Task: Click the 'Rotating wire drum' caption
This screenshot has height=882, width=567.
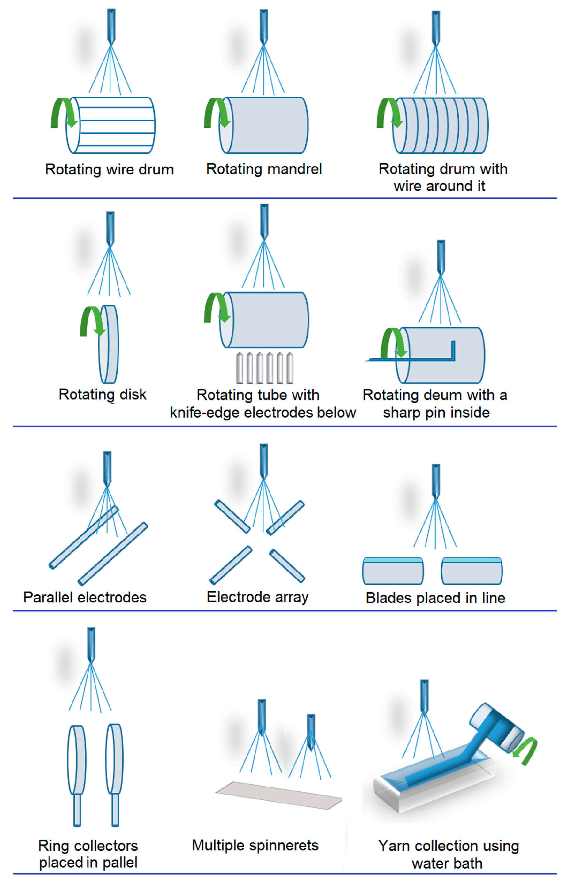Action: [109, 170]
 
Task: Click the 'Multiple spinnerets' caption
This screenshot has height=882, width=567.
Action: [255, 846]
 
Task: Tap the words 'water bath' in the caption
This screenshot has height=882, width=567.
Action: [447, 863]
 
